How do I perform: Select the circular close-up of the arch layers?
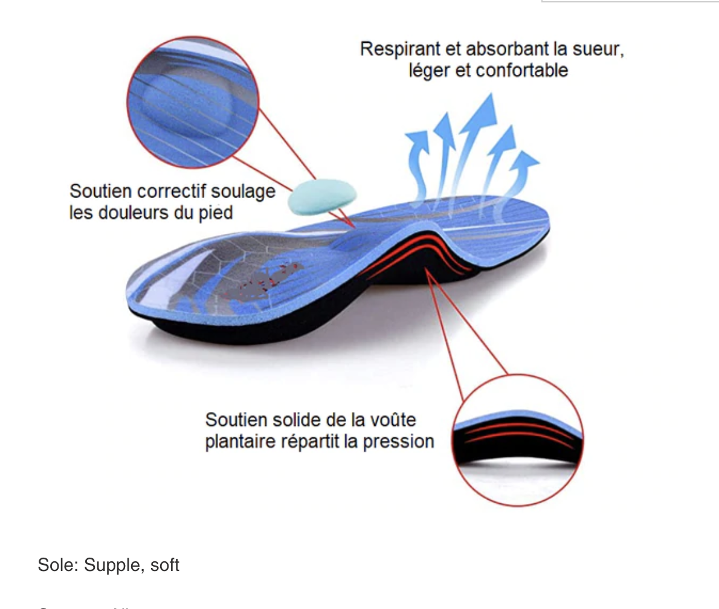tap(518, 439)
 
